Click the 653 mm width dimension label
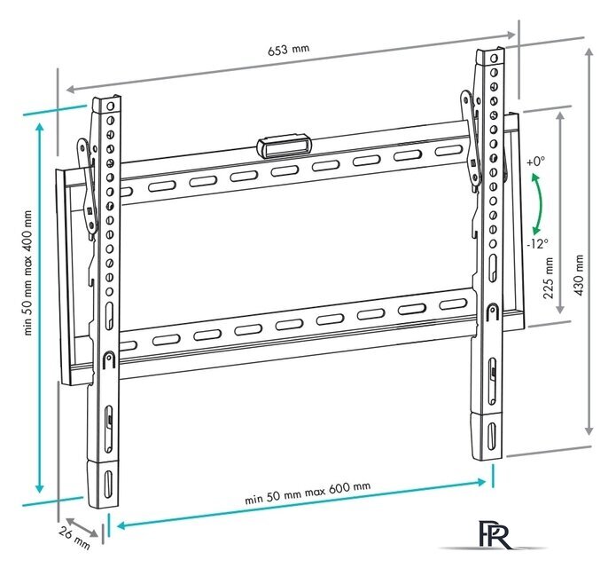tap(289, 50)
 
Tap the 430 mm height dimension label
tap(578, 275)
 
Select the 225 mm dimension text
tap(548, 278)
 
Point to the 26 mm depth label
tap(74, 538)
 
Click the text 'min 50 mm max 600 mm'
tap(308, 493)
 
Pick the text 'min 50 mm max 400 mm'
tap(28, 272)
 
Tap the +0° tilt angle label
tap(536, 162)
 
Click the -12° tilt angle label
tap(537, 244)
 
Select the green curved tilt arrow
tap(541, 204)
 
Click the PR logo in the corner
tap(494, 534)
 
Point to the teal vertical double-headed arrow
tap(39, 308)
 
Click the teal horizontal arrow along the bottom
tap(301, 503)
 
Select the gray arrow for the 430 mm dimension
tap(589, 242)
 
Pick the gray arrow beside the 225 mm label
tap(561, 212)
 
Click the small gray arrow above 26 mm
tap(82, 527)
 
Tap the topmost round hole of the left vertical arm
tap(111, 106)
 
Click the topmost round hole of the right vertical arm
tap(495, 59)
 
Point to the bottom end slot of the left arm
tap(107, 484)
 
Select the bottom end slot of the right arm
tap(491, 436)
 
